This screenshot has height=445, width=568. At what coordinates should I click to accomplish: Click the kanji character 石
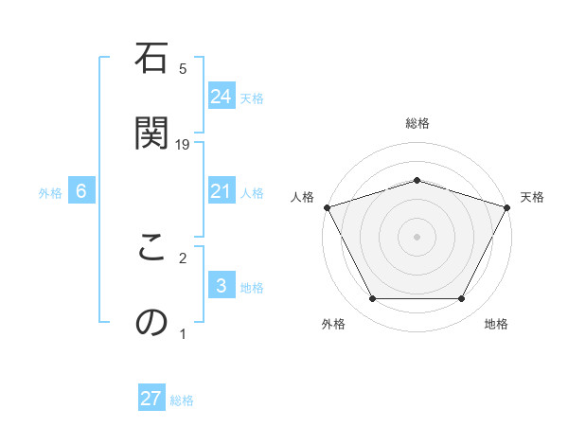[x=151, y=62]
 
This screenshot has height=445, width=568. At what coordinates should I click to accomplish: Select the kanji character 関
[x=151, y=133]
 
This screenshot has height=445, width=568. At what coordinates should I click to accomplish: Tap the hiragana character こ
[x=151, y=250]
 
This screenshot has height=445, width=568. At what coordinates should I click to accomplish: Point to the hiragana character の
[x=151, y=322]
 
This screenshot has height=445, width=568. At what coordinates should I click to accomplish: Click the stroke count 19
[x=184, y=144]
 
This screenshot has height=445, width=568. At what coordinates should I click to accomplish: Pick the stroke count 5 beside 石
[x=184, y=68]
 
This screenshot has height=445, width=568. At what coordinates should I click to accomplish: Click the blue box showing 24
[x=221, y=97]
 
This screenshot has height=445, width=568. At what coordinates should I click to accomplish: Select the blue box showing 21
[x=221, y=191]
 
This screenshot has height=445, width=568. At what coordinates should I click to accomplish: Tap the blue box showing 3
[x=221, y=286]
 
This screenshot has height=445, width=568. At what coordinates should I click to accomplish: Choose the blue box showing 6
[x=81, y=191]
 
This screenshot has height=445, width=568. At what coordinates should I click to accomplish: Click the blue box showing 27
[x=151, y=399]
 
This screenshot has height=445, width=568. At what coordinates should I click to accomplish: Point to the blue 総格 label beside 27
[x=182, y=400]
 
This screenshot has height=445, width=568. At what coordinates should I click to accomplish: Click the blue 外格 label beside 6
[x=50, y=193]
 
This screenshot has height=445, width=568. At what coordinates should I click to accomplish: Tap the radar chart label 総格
[x=417, y=123]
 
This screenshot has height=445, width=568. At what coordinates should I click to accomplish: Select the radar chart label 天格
[x=532, y=197]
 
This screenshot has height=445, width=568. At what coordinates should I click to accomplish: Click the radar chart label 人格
[x=302, y=197]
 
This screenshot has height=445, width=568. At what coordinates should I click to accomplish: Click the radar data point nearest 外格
[x=372, y=299]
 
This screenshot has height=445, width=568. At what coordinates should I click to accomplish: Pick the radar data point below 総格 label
[x=417, y=180]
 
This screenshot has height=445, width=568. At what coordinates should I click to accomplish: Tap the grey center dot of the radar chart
[x=417, y=236]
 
